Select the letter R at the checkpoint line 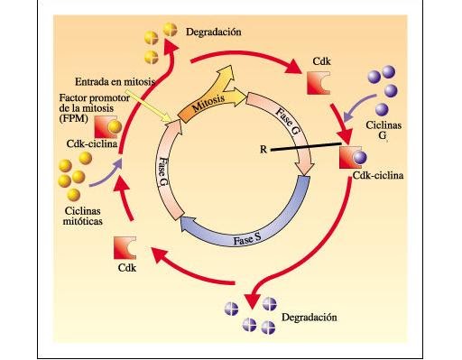click(x=262, y=149)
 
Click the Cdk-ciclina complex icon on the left click(x=106, y=125)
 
